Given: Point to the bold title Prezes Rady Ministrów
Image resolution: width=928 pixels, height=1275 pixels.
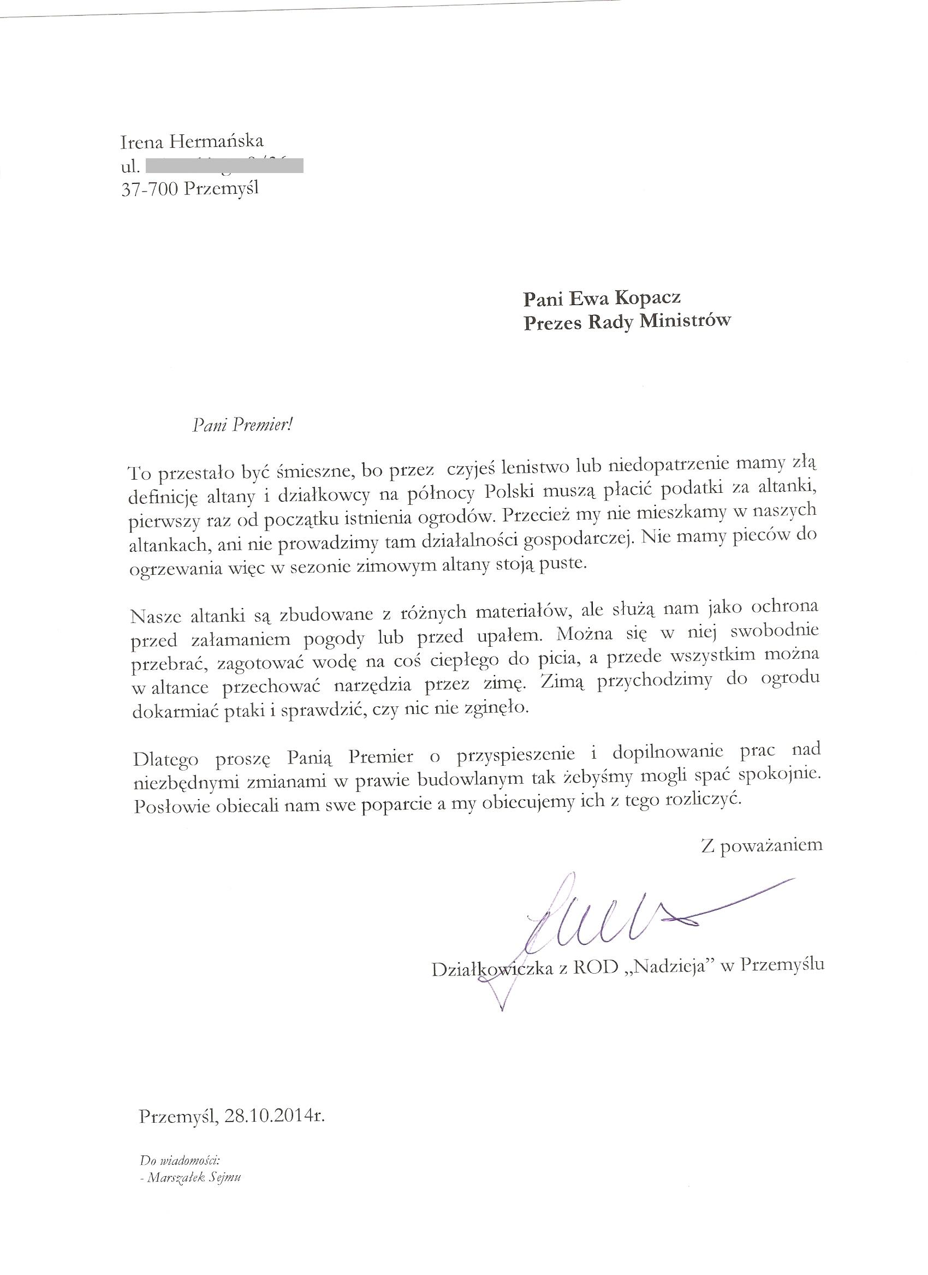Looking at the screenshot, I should pyautogui.click(x=627, y=321).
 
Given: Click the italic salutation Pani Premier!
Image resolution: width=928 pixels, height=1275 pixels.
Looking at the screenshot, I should pyautogui.click(x=243, y=426).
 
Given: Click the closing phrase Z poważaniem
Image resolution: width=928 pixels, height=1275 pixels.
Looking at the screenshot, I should pyautogui.click(x=761, y=844).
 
